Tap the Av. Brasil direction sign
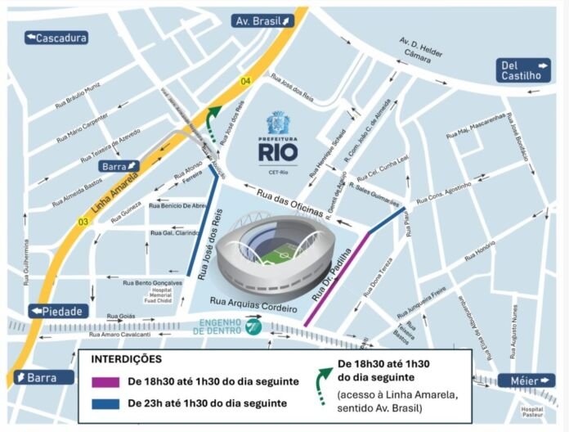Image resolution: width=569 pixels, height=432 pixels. [262, 21]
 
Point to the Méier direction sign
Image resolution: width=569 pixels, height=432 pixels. [524, 381]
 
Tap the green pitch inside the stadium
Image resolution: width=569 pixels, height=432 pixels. [273, 254]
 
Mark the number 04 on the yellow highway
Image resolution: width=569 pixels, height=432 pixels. [245, 80]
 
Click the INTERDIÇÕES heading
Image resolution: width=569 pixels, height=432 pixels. [125, 359]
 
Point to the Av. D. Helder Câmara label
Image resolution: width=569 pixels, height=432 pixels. [421, 48]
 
